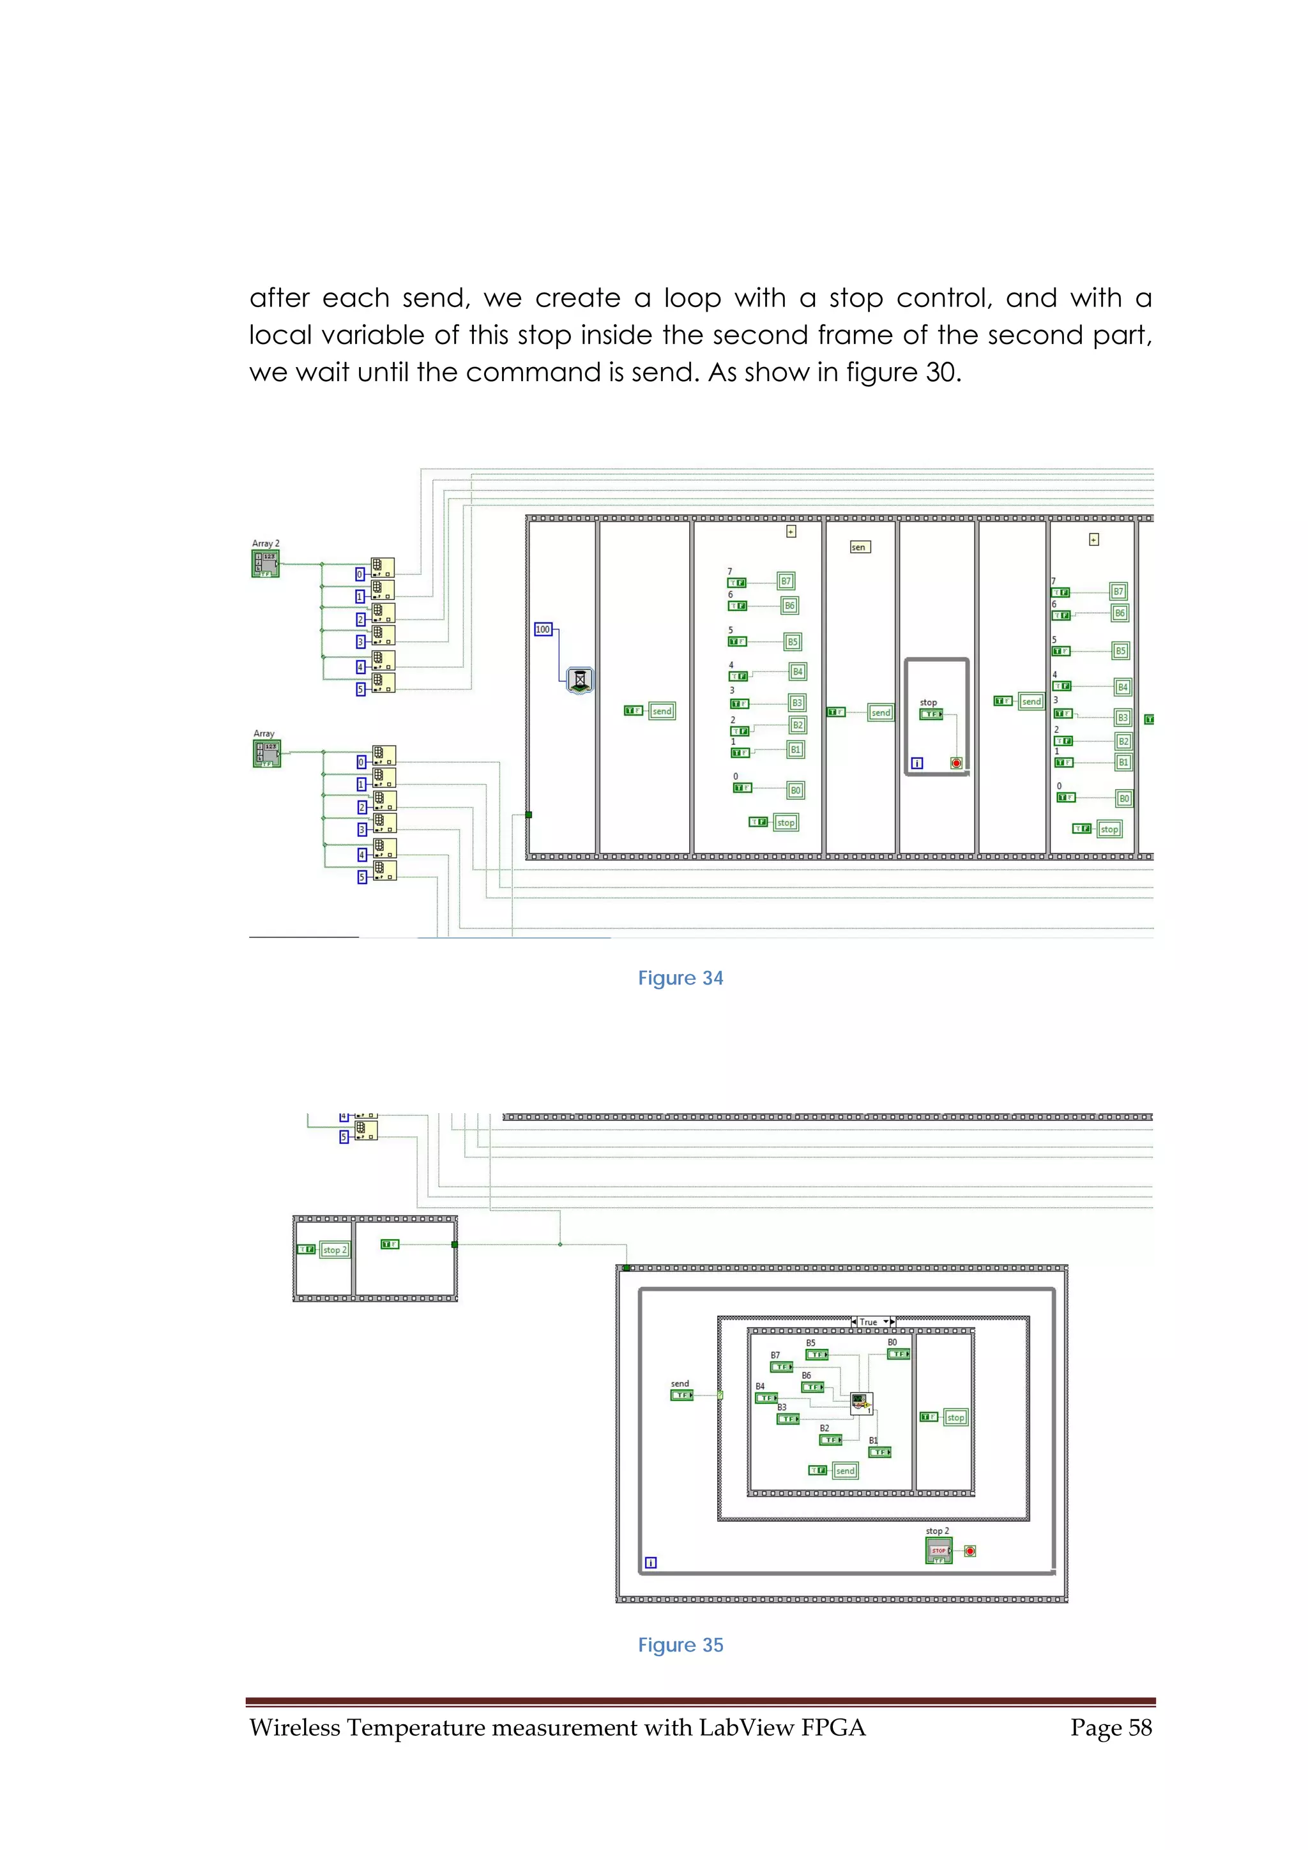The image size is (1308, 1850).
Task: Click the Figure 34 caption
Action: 680,977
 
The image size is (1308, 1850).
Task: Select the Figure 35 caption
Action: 680,1644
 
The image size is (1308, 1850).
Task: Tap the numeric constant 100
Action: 543,629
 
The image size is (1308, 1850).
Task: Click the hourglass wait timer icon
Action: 579,679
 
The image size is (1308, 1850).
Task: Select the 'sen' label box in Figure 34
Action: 860,547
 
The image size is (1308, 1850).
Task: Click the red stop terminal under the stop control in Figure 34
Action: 956,762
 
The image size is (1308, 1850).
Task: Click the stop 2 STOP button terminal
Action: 939,1550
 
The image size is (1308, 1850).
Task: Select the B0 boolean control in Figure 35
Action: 898,1353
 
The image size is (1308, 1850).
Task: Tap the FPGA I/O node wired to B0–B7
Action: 862,1402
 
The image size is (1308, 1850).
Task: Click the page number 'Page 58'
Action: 1111,1727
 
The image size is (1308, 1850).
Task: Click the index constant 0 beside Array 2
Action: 360,575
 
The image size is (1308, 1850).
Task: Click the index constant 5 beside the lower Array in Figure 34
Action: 362,876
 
